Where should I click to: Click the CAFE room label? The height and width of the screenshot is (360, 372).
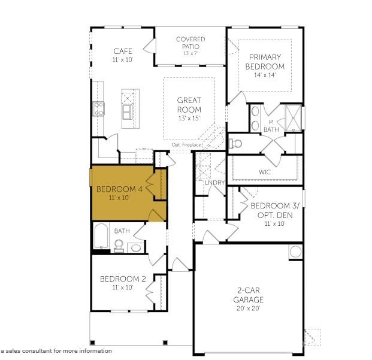tap(122, 52)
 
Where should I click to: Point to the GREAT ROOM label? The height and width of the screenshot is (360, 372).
tap(189, 105)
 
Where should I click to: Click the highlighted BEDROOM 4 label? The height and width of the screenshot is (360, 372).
tap(119, 189)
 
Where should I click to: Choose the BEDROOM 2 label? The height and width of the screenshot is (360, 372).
tap(123, 279)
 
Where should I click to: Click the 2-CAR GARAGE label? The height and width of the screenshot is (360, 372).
tap(249, 295)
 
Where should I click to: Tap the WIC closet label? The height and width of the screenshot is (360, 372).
tap(265, 173)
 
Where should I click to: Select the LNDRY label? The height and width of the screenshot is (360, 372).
tap(214, 183)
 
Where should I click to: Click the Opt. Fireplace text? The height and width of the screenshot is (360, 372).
tap(187, 145)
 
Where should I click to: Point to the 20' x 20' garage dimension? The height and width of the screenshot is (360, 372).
tap(249, 308)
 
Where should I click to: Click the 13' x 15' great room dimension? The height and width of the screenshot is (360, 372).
tap(189, 119)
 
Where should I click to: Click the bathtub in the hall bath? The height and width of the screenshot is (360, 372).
tap(101, 235)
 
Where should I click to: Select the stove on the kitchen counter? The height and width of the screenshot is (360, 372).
tap(98, 108)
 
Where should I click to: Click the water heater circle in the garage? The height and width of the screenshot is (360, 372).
tap(296, 252)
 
